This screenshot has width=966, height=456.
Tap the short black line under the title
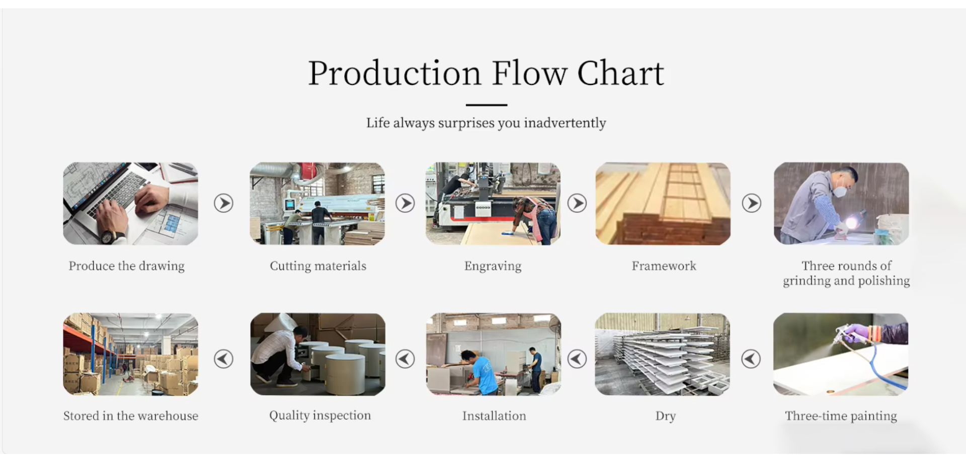click(x=486, y=105)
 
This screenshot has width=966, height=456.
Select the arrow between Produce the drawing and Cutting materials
click(x=223, y=203)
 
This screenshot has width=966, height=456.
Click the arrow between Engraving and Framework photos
click(x=577, y=203)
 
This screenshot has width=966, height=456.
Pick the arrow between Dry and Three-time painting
click(x=751, y=358)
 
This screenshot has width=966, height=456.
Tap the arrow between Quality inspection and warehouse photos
click(x=223, y=358)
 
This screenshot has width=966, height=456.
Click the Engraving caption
click(x=493, y=266)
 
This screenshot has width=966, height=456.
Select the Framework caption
click(x=664, y=265)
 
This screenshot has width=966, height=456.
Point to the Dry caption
click(x=665, y=416)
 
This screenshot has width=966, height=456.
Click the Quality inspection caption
click(x=320, y=415)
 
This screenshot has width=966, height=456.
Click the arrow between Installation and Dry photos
click(x=577, y=358)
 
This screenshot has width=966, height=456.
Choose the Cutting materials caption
click(x=318, y=266)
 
